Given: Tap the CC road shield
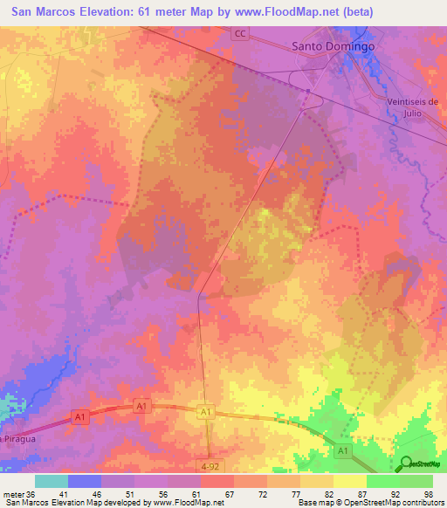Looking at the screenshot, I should point(240,33).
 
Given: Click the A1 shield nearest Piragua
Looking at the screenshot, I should point(80,419).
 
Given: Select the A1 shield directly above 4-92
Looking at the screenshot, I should point(206,412).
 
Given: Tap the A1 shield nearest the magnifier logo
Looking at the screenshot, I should point(343,451).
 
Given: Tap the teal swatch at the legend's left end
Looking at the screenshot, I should point(51,480).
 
